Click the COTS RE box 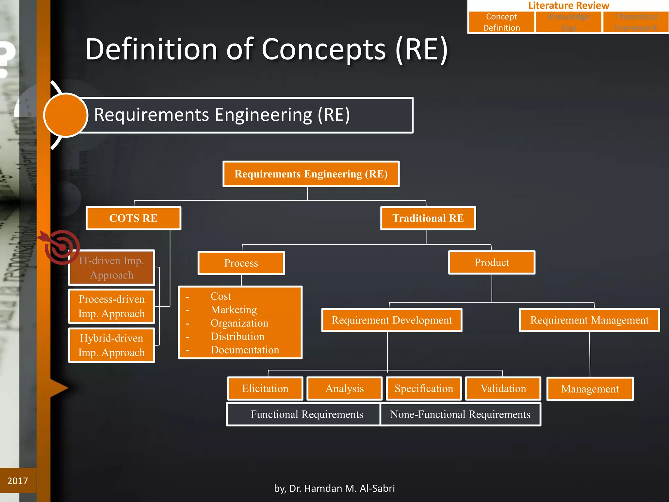pos(133,218)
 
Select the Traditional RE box pos(428,218)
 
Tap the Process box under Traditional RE pos(241,263)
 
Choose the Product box pos(492,262)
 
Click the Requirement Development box pos(392,320)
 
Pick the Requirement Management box pos(589,320)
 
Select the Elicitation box pos(265,388)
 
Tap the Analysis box pos(345,388)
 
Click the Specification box pos(424,388)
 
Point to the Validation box pos(503,388)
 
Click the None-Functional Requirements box pos(460,414)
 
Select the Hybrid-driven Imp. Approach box pos(111,345)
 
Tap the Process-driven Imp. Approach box pos(111,306)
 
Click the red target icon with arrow pos(61,247)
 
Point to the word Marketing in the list pos(234,310)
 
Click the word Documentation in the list pos(245,350)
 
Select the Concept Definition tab pos(501,22)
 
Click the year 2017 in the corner pos(18,481)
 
